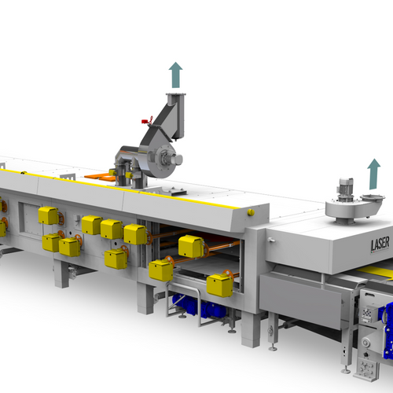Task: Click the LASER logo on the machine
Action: (x=380, y=244)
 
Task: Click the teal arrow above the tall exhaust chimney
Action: (x=175, y=75)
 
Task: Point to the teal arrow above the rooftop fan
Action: (x=374, y=174)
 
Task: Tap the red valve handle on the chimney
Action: (x=147, y=120)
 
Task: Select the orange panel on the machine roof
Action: (x=101, y=177)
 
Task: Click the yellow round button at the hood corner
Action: (x=251, y=212)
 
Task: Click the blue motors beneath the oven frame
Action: (x=199, y=306)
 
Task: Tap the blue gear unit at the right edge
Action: (x=387, y=330)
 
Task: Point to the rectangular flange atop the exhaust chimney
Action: (x=176, y=94)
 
